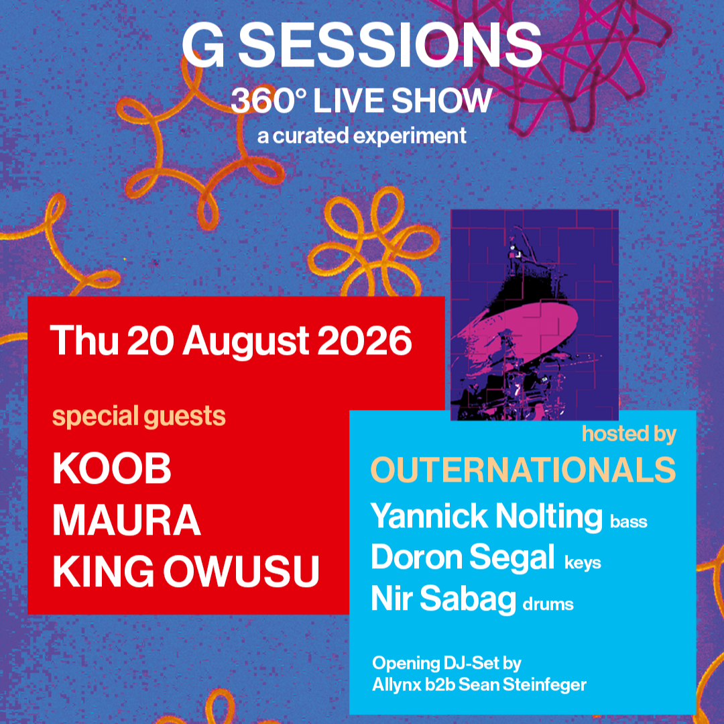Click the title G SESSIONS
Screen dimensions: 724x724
point(361,45)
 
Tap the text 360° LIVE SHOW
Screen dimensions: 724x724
point(361,100)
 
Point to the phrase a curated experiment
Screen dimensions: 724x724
point(361,136)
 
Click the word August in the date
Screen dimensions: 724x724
point(245,342)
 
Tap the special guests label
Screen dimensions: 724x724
point(139,416)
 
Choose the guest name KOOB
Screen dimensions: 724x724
point(112,468)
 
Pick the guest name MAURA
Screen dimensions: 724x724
point(127,519)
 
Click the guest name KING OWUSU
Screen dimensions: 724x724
point(186,571)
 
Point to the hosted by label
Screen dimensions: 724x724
point(629,434)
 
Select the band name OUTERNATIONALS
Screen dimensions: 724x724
point(523,470)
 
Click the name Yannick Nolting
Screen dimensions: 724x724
point(486,516)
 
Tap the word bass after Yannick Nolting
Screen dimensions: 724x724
point(628,521)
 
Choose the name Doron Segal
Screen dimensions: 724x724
point(463,558)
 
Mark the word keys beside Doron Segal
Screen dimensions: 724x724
point(583,563)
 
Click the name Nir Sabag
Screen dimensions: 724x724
point(443,599)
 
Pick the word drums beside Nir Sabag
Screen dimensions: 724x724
point(548,604)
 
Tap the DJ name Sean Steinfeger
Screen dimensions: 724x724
point(522,684)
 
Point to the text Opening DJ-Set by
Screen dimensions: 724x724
point(446,664)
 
